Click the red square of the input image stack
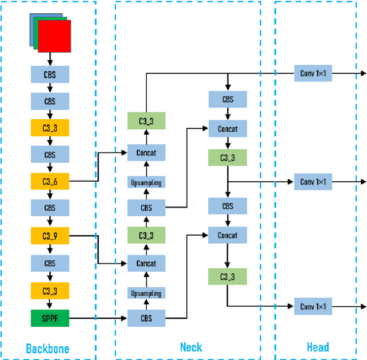(55, 36)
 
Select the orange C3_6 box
(50, 182)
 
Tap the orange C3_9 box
(50, 235)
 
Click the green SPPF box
(50, 318)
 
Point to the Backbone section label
(48, 349)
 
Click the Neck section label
(191, 347)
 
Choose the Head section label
(318, 347)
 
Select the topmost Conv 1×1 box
(313, 73)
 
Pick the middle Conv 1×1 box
(313, 182)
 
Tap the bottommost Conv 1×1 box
(313, 306)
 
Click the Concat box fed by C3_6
(146, 152)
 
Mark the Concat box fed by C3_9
(146, 264)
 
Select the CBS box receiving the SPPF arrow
(146, 318)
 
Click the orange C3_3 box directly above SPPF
(50, 290)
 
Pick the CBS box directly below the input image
(50, 74)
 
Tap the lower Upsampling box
(146, 294)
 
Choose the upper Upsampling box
(146, 183)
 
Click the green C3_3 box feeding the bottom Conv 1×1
(228, 277)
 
